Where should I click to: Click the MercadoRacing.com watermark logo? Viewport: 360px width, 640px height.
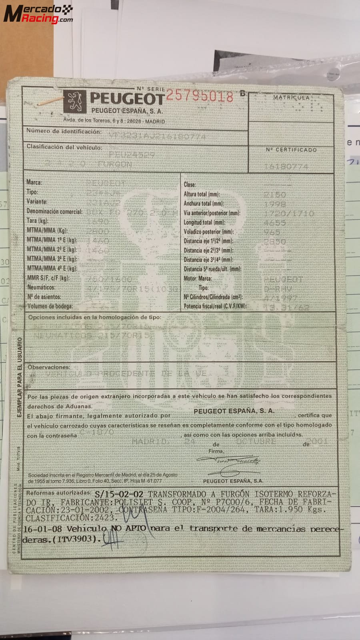(38, 14)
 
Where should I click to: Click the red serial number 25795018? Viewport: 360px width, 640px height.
(199, 96)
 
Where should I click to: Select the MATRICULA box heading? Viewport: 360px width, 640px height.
(291, 97)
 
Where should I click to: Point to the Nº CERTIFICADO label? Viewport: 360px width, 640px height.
(291, 150)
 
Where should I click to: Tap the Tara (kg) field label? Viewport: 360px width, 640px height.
(38, 220)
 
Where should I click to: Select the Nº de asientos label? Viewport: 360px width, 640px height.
(44, 297)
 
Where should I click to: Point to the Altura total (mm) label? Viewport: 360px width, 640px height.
(201, 194)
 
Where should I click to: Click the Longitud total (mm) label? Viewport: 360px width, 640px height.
(204, 222)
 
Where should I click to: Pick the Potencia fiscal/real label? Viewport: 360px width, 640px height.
(215, 306)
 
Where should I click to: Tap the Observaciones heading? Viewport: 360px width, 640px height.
(48, 367)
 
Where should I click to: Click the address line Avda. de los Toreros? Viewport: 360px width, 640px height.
(114, 121)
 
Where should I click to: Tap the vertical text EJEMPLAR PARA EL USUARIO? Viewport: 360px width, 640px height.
(19, 377)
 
